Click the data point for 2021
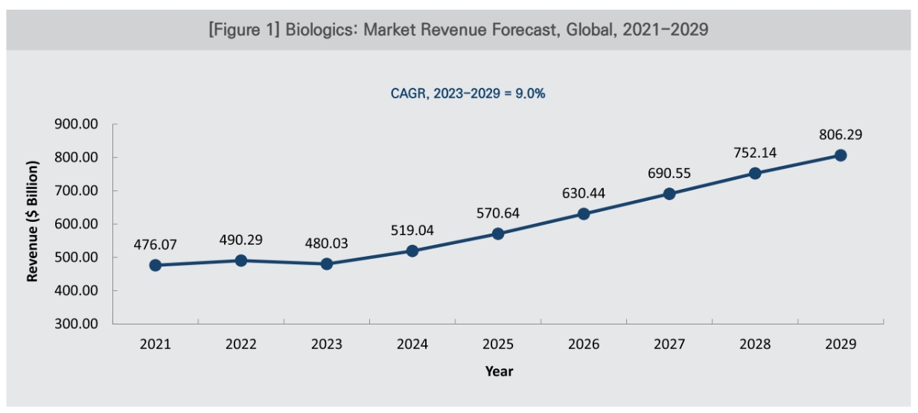click(x=156, y=265)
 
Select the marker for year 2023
click(x=327, y=264)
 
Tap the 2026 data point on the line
click(x=584, y=214)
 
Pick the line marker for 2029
click(x=841, y=155)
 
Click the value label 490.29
click(x=241, y=240)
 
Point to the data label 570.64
click(x=498, y=214)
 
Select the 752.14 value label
click(x=755, y=153)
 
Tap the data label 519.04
click(x=412, y=231)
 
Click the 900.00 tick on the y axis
click(x=77, y=124)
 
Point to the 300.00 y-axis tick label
click(x=77, y=324)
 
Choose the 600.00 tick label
click(x=77, y=224)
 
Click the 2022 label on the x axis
click(x=241, y=345)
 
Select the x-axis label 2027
click(x=669, y=345)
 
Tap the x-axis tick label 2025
click(x=498, y=345)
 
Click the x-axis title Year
click(x=499, y=371)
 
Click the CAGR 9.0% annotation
click(x=468, y=95)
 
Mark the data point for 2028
click(x=755, y=173)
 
